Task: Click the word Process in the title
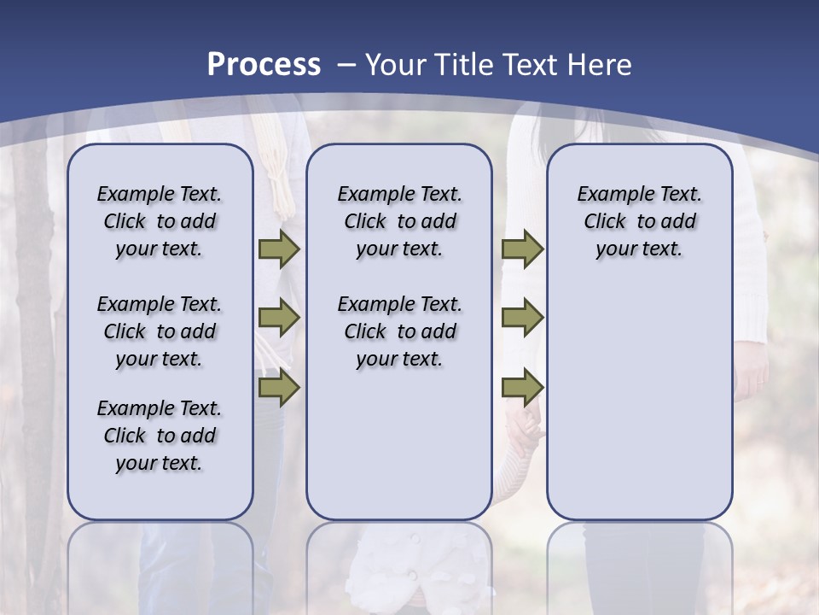tap(264, 65)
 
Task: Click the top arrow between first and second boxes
tap(279, 249)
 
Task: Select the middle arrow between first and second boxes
tap(279, 318)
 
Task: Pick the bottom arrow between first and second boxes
tap(279, 387)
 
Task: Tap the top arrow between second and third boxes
tap(522, 249)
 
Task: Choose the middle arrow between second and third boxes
tap(522, 318)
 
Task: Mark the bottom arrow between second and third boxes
tap(522, 387)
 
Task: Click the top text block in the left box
tap(160, 221)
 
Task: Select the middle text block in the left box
tap(160, 331)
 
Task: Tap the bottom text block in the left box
tap(160, 436)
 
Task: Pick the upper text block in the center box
tap(399, 221)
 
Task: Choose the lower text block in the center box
tap(399, 331)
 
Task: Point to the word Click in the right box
tap(605, 222)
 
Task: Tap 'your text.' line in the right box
tap(639, 249)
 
